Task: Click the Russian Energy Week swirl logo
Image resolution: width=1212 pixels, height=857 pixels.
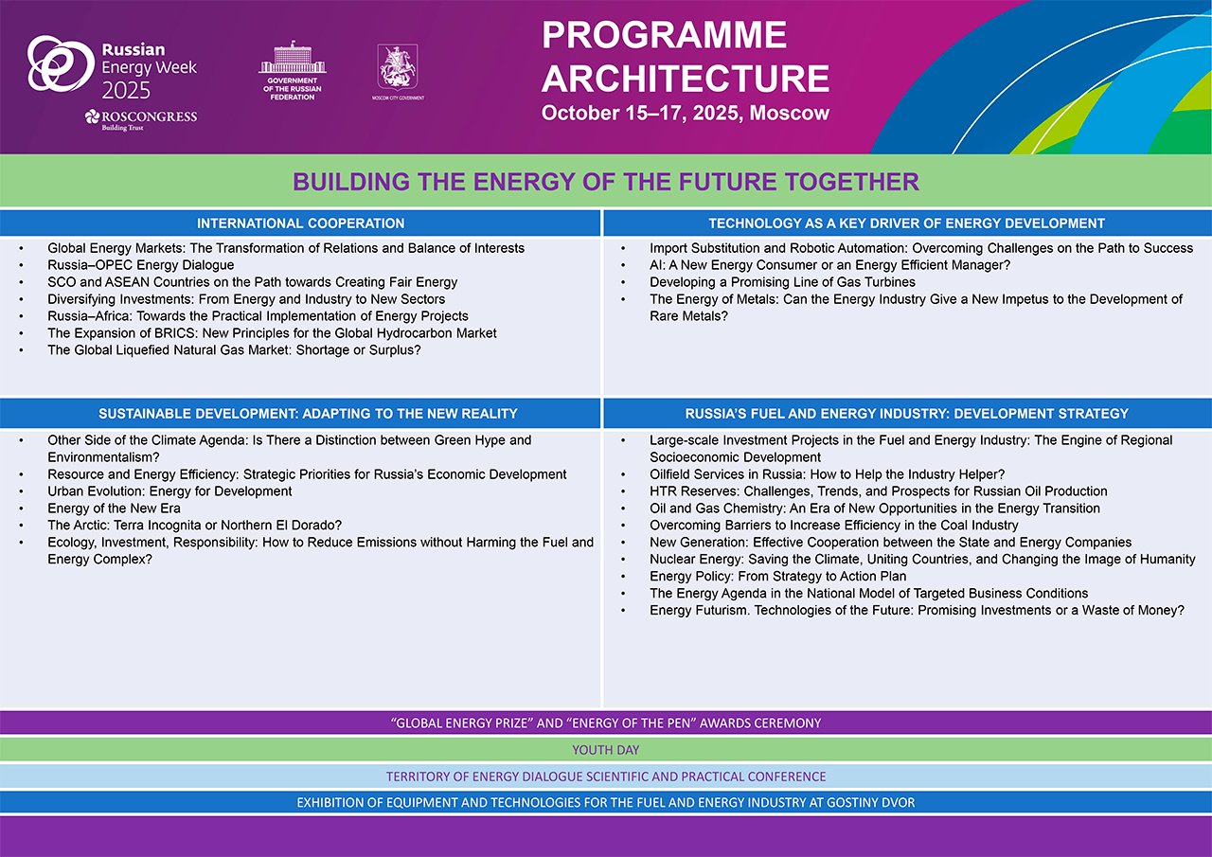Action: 61,63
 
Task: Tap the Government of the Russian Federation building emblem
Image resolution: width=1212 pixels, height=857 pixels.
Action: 293,58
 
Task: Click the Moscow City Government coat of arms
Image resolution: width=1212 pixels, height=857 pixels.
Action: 398,66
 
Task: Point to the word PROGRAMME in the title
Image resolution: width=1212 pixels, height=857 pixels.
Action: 665,35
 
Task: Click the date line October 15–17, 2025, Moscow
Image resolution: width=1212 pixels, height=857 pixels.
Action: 686,113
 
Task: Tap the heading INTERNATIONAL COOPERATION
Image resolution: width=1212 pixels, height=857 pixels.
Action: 300,223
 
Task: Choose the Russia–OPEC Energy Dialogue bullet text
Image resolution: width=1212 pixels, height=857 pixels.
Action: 141,265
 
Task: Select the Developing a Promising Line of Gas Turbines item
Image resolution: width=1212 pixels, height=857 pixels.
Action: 782,282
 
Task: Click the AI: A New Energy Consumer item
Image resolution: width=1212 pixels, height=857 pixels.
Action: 830,265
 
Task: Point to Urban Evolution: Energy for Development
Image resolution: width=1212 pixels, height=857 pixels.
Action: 169,491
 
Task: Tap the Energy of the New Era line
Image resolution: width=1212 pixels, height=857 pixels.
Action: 114,509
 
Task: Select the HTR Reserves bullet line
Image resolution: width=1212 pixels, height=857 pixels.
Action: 879,491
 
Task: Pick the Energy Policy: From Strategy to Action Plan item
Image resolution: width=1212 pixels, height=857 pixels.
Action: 778,576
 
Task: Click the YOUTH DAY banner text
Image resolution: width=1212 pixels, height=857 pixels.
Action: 606,750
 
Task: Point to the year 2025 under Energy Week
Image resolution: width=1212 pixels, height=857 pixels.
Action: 126,90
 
